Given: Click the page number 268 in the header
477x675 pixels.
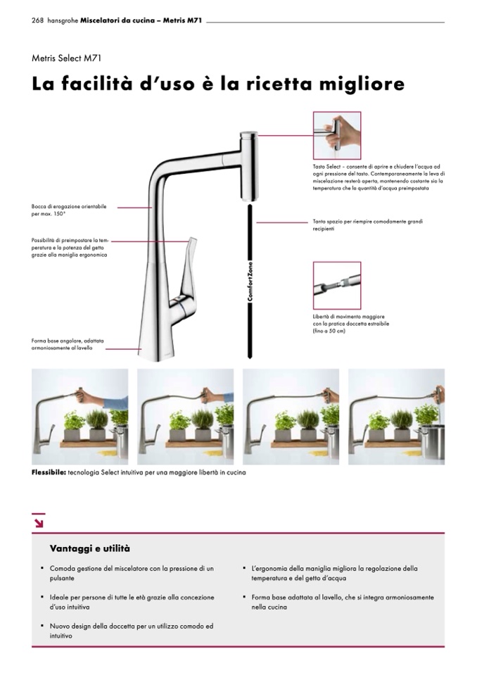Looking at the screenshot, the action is click(37, 20).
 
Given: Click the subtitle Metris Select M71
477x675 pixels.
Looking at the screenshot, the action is click(66, 58).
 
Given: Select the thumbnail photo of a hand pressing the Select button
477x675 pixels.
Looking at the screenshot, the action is click(337, 136).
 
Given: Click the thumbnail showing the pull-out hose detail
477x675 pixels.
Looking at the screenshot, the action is click(337, 285).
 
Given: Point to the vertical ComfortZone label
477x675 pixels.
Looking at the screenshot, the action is click(250, 281).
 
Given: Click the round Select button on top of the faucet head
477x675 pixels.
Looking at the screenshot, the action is click(248, 134).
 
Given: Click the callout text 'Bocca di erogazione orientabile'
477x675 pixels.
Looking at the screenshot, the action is click(69, 207).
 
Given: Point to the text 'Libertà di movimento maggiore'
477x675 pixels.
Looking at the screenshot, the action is click(349, 317).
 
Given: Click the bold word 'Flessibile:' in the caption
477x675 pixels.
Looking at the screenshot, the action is click(49, 472).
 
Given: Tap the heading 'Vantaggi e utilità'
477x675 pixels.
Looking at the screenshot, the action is click(90, 548).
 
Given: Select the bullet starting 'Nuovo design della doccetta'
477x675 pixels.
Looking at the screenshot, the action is click(132, 631).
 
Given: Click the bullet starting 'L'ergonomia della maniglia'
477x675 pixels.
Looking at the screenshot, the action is click(335, 573).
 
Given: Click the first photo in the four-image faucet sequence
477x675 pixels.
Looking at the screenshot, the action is click(80, 417).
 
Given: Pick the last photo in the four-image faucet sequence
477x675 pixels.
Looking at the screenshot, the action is click(397, 417).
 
